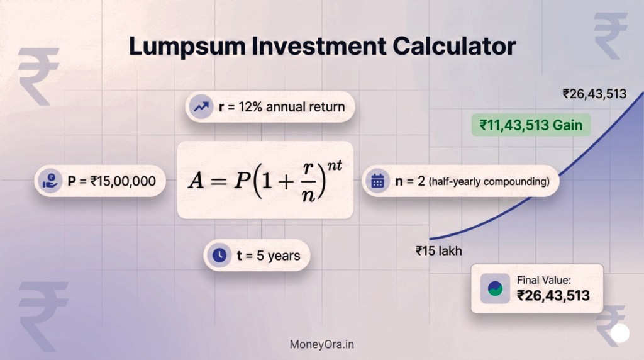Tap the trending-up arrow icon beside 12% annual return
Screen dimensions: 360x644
pos(201,106)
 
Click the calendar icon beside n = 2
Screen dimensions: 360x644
pos(377,181)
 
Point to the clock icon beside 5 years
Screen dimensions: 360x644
pos(219,255)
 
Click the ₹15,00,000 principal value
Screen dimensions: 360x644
pos(123,181)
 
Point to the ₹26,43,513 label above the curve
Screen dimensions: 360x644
pos(594,94)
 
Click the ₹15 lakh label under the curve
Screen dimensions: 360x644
pos(439,250)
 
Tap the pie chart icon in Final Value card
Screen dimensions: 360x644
pos(495,288)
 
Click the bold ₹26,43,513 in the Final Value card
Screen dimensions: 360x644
pos(553,295)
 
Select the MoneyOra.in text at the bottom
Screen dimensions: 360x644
pos(322,344)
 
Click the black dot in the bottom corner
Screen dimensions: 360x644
pos(620,333)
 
